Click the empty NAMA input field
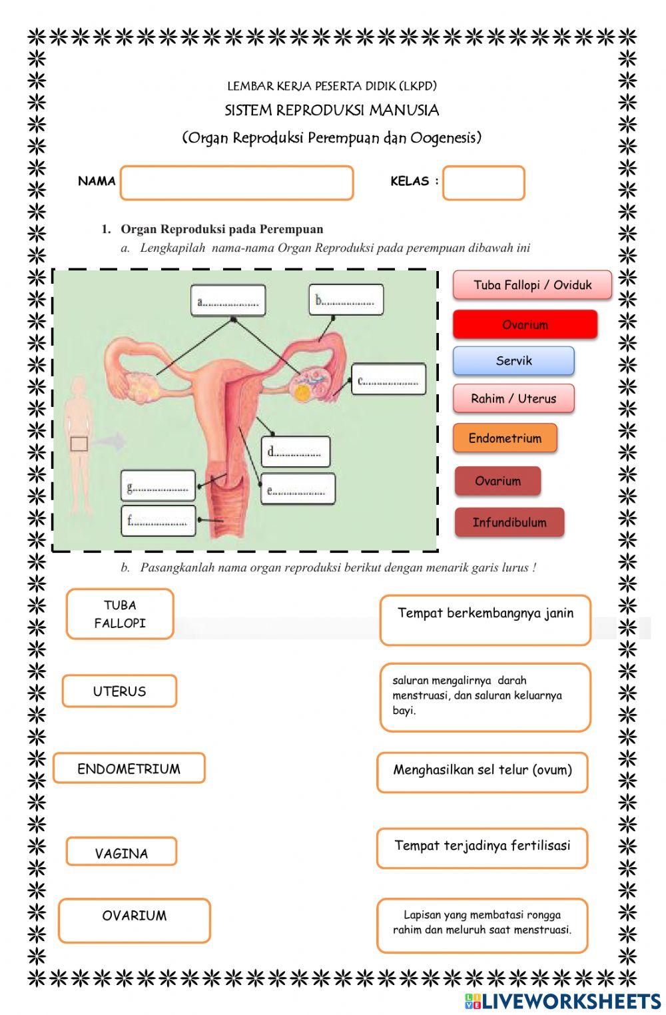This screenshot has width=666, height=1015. click(236, 183)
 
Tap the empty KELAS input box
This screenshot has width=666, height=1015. click(484, 183)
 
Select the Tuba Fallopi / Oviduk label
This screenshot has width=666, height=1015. click(532, 285)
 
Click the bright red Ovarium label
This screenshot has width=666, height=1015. click(525, 325)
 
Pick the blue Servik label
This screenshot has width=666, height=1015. click(513, 361)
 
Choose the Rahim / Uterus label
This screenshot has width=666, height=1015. click(513, 399)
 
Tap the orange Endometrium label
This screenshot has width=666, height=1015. click(505, 438)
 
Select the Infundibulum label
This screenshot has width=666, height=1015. click(509, 523)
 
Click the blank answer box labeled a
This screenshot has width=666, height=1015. click(228, 301)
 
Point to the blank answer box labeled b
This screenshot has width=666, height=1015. click(346, 300)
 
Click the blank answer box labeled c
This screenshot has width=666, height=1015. click(388, 380)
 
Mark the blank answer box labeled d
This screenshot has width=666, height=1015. click(295, 452)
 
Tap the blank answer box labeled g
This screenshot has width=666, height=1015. click(158, 486)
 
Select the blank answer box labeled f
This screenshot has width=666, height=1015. click(158, 520)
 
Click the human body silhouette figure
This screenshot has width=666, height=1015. click(79, 443)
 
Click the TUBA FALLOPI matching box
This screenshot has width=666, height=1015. click(120, 614)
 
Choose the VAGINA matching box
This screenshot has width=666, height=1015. click(121, 852)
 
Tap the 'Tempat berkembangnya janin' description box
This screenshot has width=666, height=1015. click(485, 620)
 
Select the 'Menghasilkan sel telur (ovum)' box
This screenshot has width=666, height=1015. click(482, 771)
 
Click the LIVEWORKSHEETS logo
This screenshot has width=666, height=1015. click(563, 1001)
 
